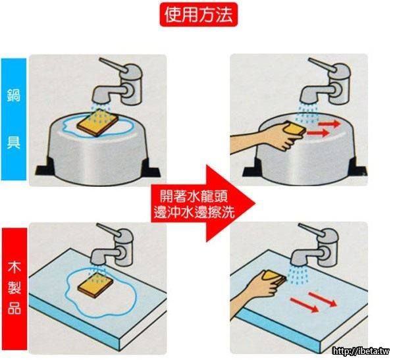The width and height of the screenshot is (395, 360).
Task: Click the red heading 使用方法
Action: [199, 14]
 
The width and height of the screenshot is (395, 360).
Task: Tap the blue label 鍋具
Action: [14, 119]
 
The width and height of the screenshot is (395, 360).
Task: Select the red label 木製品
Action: [14, 289]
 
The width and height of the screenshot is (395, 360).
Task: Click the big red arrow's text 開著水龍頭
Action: [194, 197]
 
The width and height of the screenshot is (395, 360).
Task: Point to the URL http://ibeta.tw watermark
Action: [361, 351]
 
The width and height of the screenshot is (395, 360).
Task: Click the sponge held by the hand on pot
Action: [295, 129]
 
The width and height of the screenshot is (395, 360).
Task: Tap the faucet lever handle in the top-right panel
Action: [323, 65]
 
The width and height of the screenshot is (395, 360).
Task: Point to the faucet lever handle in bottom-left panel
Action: [109, 230]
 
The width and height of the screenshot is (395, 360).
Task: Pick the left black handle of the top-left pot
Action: [45, 167]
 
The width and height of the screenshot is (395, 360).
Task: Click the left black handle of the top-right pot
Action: [252, 167]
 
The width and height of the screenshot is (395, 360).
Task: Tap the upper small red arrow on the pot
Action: [330, 124]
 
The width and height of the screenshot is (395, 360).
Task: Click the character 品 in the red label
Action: [14, 307]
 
